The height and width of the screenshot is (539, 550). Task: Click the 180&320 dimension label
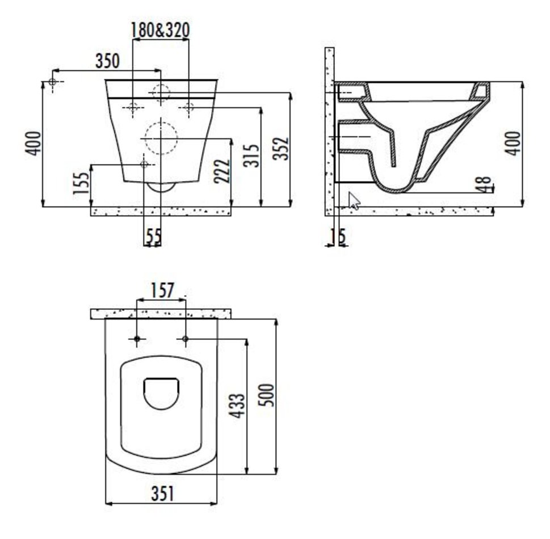click(160, 30)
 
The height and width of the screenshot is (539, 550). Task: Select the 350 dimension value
click(107, 61)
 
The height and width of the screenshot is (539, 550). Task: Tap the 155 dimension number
click(81, 183)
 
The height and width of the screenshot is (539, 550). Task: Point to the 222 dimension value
click(222, 171)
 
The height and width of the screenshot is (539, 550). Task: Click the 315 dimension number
click(251, 155)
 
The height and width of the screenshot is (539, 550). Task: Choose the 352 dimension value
click(281, 148)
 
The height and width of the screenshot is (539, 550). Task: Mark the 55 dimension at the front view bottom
click(153, 237)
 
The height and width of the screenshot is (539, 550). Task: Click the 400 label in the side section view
click(513, 143)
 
